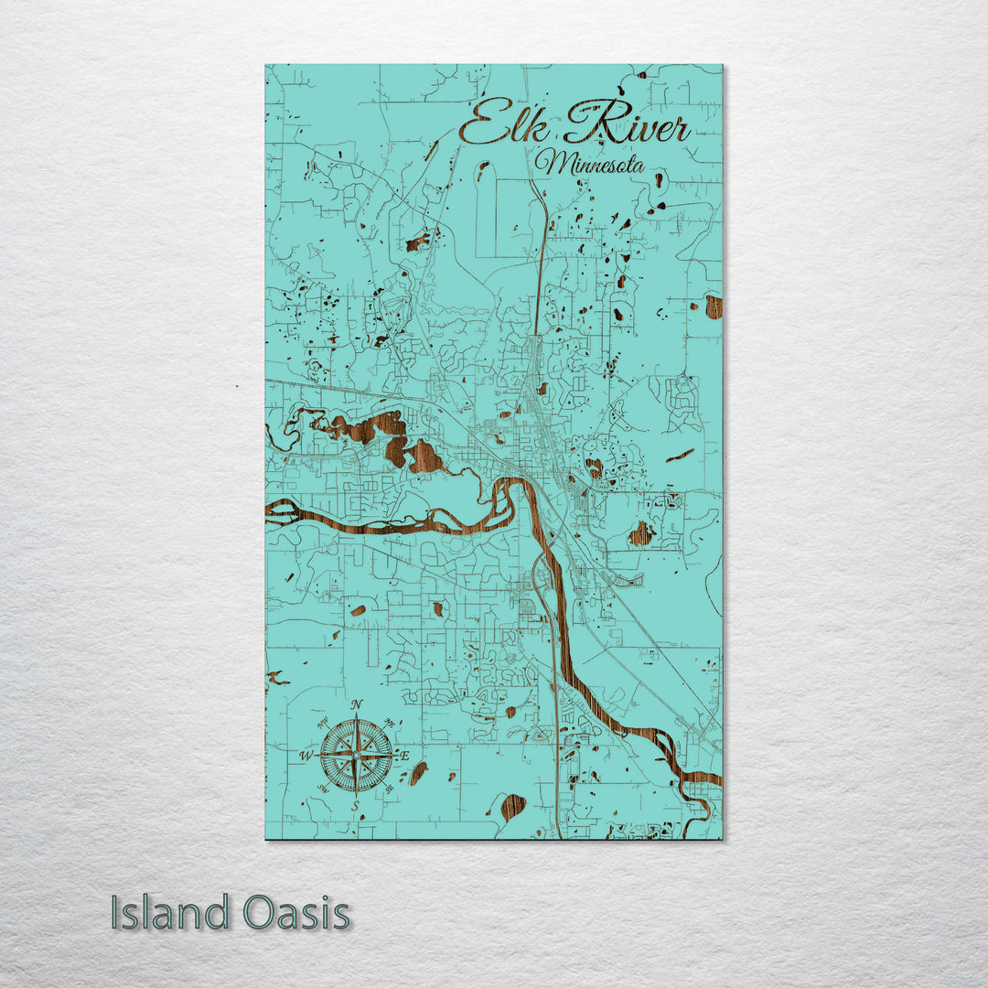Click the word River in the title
click(626, 126)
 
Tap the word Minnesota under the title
click(590, 165)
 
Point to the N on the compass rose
click(357, 703)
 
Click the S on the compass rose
click(357, 805)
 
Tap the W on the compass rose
click(306, 756)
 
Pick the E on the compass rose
click(405, 756)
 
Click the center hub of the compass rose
click(357, 756)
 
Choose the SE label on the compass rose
click(390, 788)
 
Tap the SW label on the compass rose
click(323, 789)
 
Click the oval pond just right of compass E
click(418, 773)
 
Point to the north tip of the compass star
click(357, 714)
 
